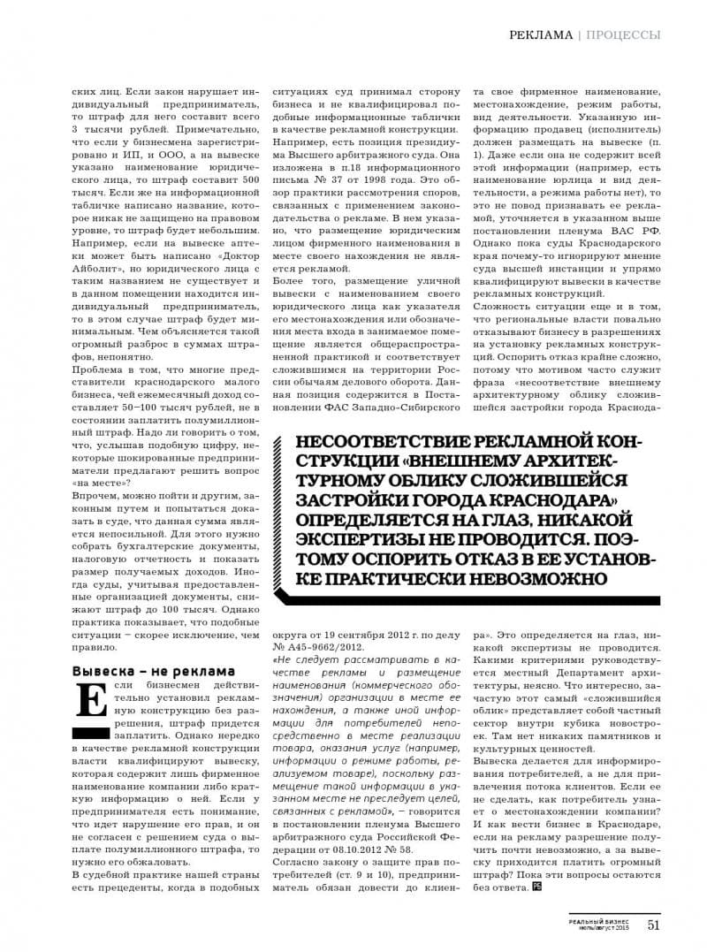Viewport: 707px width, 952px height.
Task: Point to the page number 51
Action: [655, 925]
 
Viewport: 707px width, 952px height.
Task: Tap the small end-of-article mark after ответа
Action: [536, 887]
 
